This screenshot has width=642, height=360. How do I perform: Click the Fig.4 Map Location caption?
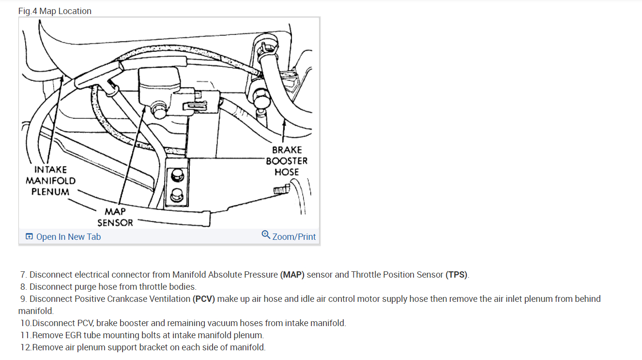pyautogui.click(x=55, y=11)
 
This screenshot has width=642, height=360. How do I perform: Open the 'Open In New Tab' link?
pyautogui.click(x=68, y=236)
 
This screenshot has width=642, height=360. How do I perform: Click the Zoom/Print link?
pyautogui.click(x=294, y=236)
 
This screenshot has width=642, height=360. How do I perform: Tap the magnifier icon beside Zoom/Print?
pyautogui.click(x=266, y=235)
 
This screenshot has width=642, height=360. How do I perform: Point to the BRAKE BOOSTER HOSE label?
pyautogui.click(x=287, y=161)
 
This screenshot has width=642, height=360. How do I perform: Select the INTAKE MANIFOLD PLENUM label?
pyautogui.click(x=50, y=180)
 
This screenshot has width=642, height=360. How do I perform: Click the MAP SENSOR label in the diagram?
pyautogui.click(x=115, y=217)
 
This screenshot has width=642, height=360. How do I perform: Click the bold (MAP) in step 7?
pyautogui.click(x=292, y=275)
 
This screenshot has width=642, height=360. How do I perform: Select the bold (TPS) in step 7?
pyautogui.click(x=457, y=275)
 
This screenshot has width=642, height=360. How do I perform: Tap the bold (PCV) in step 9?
pyautogui.click(x=203, y=298)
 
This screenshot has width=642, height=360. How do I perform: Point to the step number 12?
pyautogui.click(x=25, y=347)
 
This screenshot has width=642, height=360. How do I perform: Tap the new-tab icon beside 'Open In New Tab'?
pyautogui.click(x=30, y=236)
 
